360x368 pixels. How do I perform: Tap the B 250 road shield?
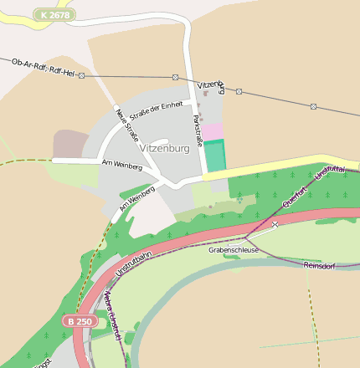point(80,321)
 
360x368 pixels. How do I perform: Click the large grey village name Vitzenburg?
point(164,149)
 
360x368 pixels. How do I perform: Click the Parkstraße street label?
point(198,130)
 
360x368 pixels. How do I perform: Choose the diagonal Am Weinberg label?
point(137,198)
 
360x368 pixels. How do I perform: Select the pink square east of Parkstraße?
point(214,131)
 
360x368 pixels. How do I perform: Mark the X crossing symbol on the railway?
point(274,224)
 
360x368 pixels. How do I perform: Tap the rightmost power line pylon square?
point(313,106)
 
